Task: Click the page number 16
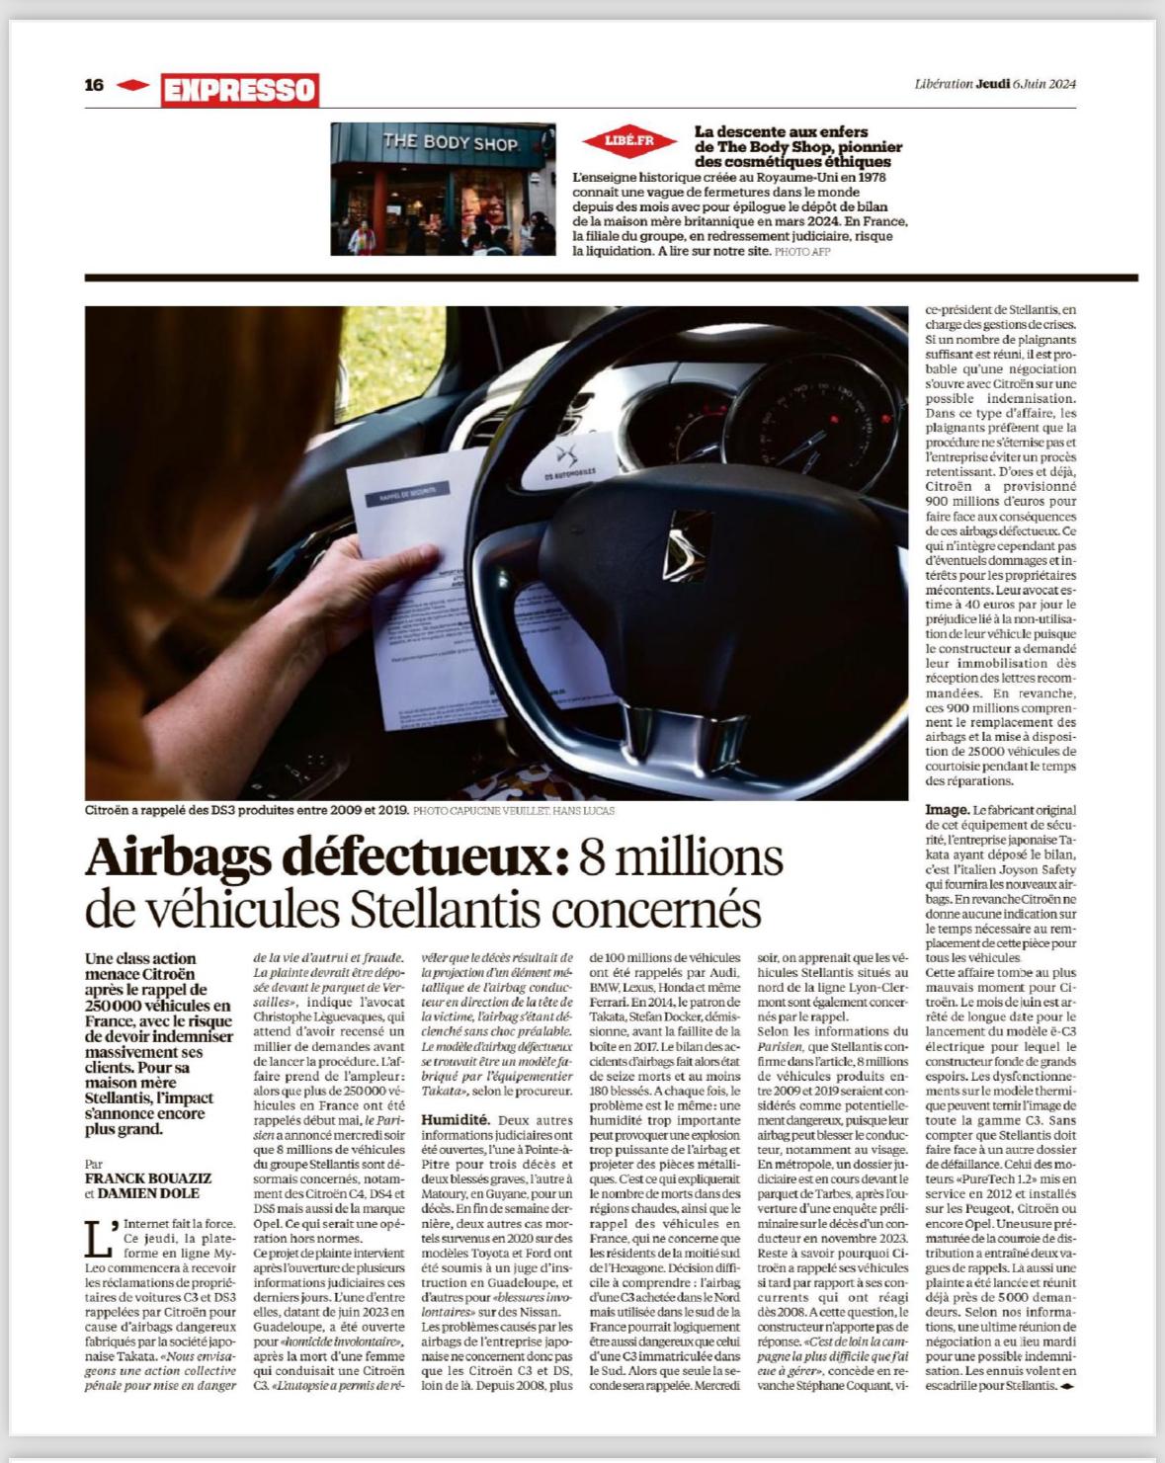coord(94,85)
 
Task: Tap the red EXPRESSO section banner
coord(239,90)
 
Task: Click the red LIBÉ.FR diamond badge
coord(629,141)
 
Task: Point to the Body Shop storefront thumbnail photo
coord(443,189)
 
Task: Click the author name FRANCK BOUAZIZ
coord(148,1179)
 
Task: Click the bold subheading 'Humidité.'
coord(456,1120)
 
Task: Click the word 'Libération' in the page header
coord(943,84)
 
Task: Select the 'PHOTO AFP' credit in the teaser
coord(802,252)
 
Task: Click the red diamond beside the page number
coord(132,86)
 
